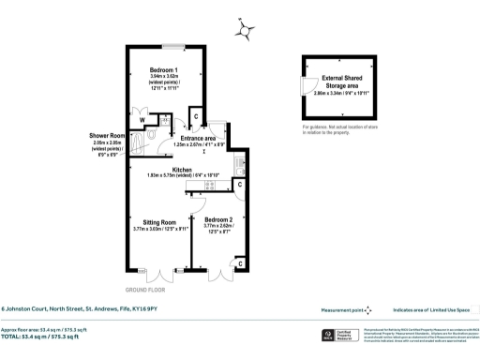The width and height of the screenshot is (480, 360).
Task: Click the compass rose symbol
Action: pyautogui.click(x=246, y=31)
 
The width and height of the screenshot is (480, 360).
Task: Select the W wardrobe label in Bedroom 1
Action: pyautogui.click(x=142, y=120)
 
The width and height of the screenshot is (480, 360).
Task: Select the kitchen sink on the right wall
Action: pyautogui.click(x=240, y=167)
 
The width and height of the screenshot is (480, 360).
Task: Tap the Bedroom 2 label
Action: pyautogui.click(x=217, y=222)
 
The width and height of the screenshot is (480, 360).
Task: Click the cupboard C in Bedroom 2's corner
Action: pyautogui.click(x=240, y=264)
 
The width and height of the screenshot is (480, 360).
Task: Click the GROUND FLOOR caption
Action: pyautogui.click(x=143, y=291)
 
